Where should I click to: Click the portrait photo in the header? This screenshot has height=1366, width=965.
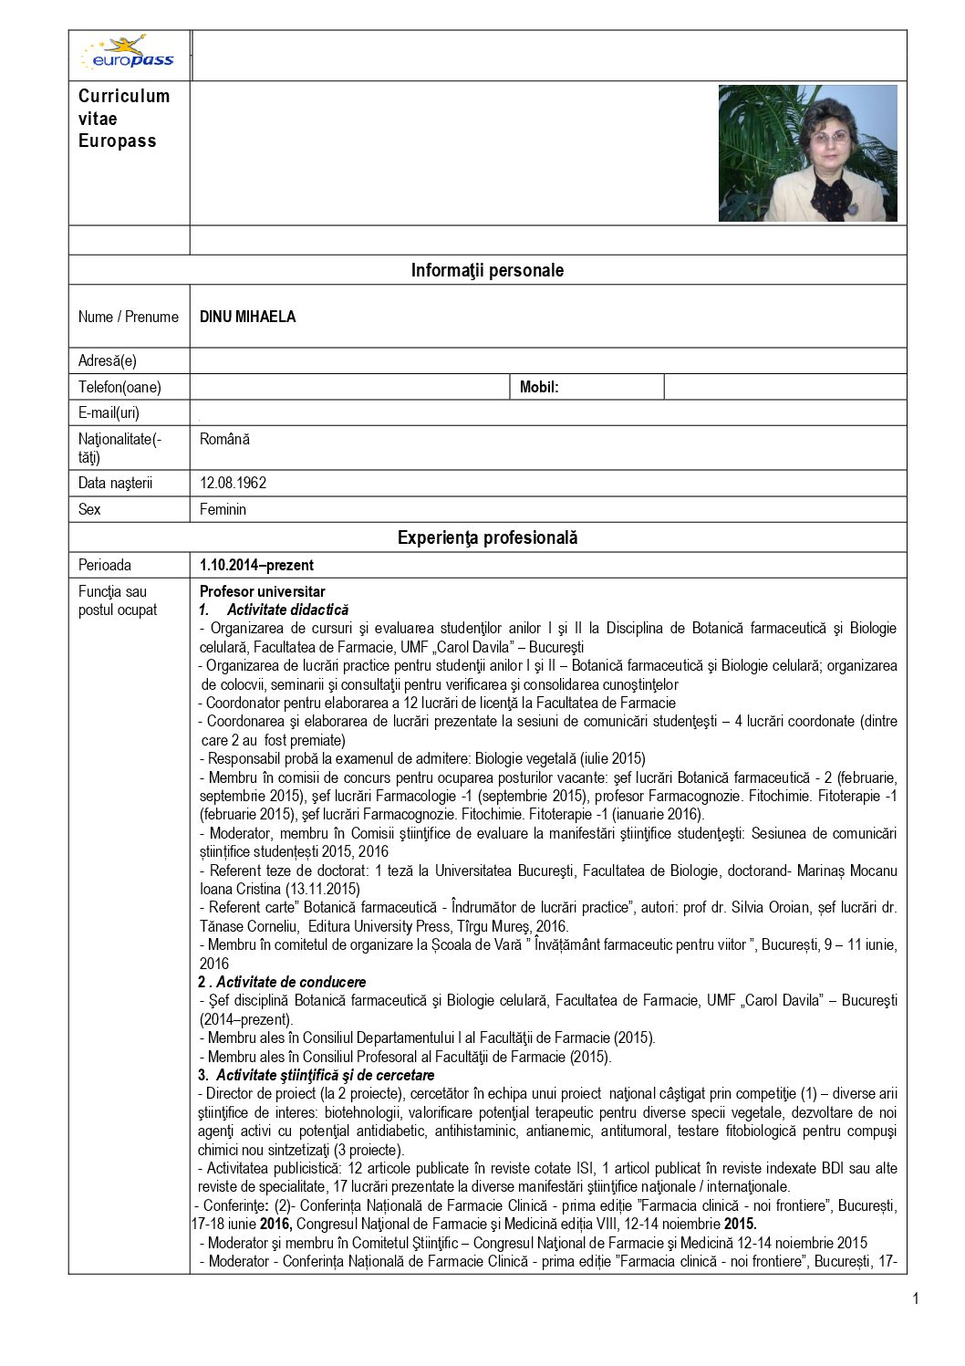807,153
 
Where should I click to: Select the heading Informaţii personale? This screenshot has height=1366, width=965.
487,270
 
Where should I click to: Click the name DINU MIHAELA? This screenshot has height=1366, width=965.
247,317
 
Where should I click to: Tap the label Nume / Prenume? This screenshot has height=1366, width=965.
129,317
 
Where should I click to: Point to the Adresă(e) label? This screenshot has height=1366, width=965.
108,360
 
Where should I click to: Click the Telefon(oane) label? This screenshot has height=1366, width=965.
119,387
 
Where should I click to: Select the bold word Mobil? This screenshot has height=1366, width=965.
539,387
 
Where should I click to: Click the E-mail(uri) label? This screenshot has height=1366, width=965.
109,412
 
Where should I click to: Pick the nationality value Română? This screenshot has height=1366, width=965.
224,439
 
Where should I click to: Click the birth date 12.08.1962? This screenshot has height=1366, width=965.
233,483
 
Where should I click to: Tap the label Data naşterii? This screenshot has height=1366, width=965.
116,483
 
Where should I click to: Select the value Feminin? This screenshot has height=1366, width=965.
223,509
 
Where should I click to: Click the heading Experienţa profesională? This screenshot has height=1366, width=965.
487,537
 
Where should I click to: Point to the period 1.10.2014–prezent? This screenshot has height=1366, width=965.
256,565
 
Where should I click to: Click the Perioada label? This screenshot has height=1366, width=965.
105,565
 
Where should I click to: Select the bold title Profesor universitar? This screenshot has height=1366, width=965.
262,591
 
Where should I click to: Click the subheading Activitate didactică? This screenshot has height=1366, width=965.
287,610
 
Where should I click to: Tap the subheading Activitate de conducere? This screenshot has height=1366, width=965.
291,982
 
